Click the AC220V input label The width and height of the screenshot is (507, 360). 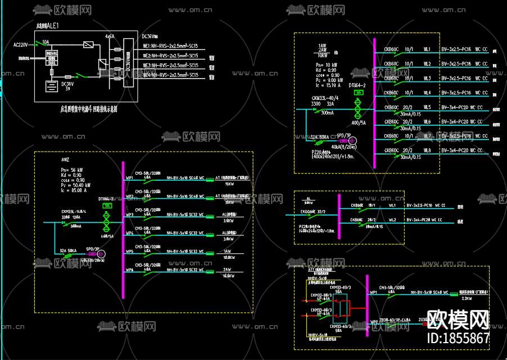[20, 44]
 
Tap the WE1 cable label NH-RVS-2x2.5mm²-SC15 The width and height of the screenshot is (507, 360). [170, 47]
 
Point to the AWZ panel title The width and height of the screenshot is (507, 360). [66, 160]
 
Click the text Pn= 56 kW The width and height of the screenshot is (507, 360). [72, 169]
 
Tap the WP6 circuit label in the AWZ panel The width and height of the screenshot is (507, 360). [129, 270]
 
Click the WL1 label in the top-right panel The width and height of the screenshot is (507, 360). [427, 49]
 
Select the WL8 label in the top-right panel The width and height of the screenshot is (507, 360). [427, 151]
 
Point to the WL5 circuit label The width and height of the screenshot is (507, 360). [427, 107]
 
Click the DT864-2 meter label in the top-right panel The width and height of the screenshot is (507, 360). [357, 85]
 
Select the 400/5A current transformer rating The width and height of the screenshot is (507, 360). [359, 123]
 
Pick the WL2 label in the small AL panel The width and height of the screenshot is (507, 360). [392, 220]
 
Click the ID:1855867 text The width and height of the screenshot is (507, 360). [458, 338]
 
